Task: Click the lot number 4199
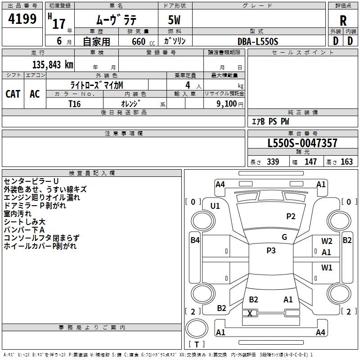(22, 19)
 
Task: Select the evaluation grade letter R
(343, 20)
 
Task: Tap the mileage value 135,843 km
(53, 65)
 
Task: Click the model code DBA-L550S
(258, 41)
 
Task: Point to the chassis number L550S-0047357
(302, 144)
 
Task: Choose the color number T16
(75, 103)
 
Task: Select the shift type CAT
(13, 94)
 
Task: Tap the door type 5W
(175, 20)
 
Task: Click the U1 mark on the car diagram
(215, 206)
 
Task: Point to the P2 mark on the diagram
(291, 216)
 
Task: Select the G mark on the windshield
(284, 237)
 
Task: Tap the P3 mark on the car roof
(271, 251)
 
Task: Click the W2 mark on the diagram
(327, 241)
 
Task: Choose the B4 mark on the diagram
(195, 240)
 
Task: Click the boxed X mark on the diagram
(250, 313)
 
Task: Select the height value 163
(346, 162)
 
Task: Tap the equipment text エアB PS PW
(270, 121)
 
